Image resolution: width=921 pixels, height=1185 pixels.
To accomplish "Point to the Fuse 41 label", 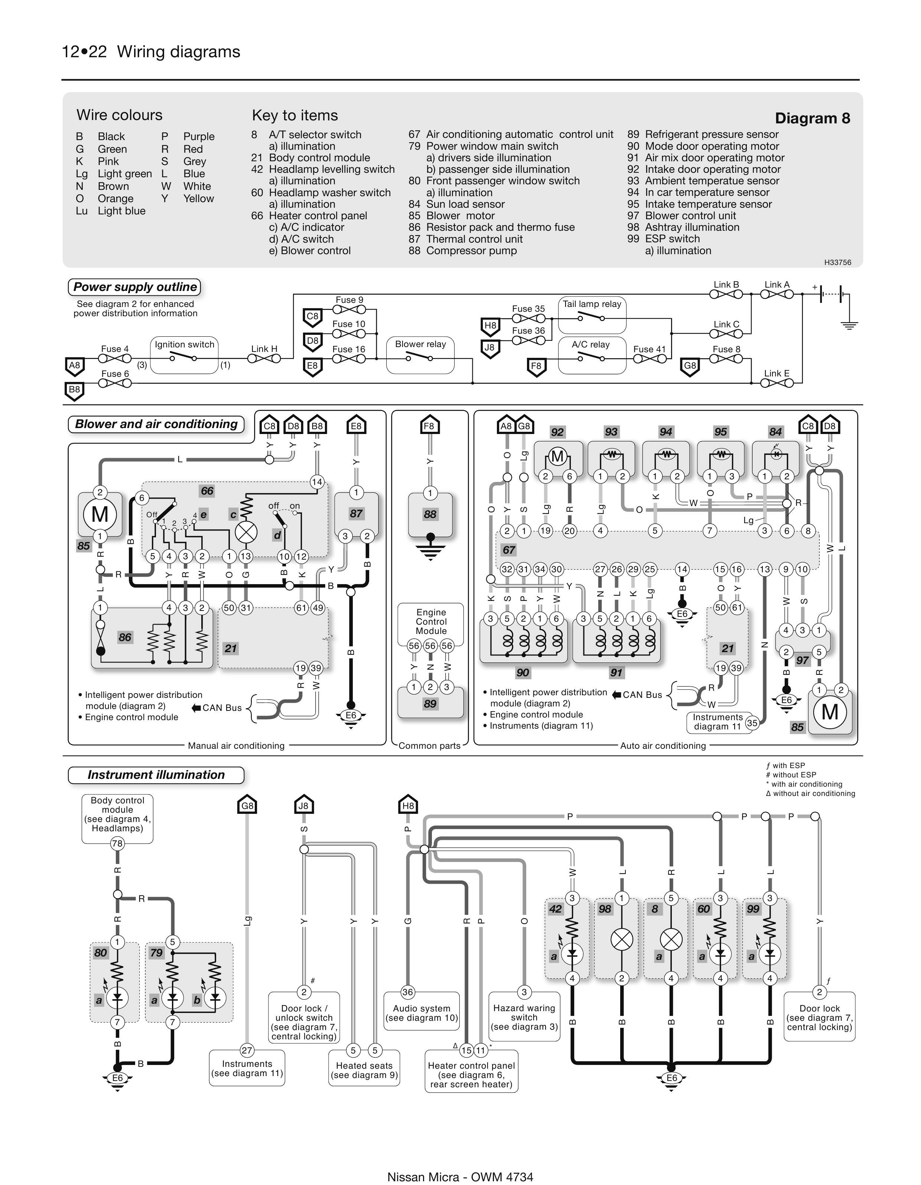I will (x=649, y=349).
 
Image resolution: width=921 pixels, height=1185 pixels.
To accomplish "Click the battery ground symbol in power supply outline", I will (x=849, y=326).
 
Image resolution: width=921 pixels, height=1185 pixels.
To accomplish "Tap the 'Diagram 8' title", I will (x=812, y=118).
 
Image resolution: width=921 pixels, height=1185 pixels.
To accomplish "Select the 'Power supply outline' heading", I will (x=134, y=287).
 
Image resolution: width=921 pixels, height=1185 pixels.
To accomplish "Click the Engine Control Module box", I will (x=431, y=622).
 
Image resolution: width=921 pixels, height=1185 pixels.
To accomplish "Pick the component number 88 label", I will (x=430, y=514).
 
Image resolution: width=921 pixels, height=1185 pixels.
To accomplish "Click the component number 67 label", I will (x=508, y=550).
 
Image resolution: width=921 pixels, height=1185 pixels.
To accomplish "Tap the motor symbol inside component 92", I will (x=557, y=456).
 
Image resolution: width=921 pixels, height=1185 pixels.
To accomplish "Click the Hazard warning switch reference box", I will (x=524, y=1017).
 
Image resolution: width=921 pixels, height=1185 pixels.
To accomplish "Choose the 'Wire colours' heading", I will (x=119, y=115).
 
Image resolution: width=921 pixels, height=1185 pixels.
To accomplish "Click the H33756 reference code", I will (x=837, y=262).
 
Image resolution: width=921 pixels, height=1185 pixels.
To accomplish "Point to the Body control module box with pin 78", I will (x=117, y=818).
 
